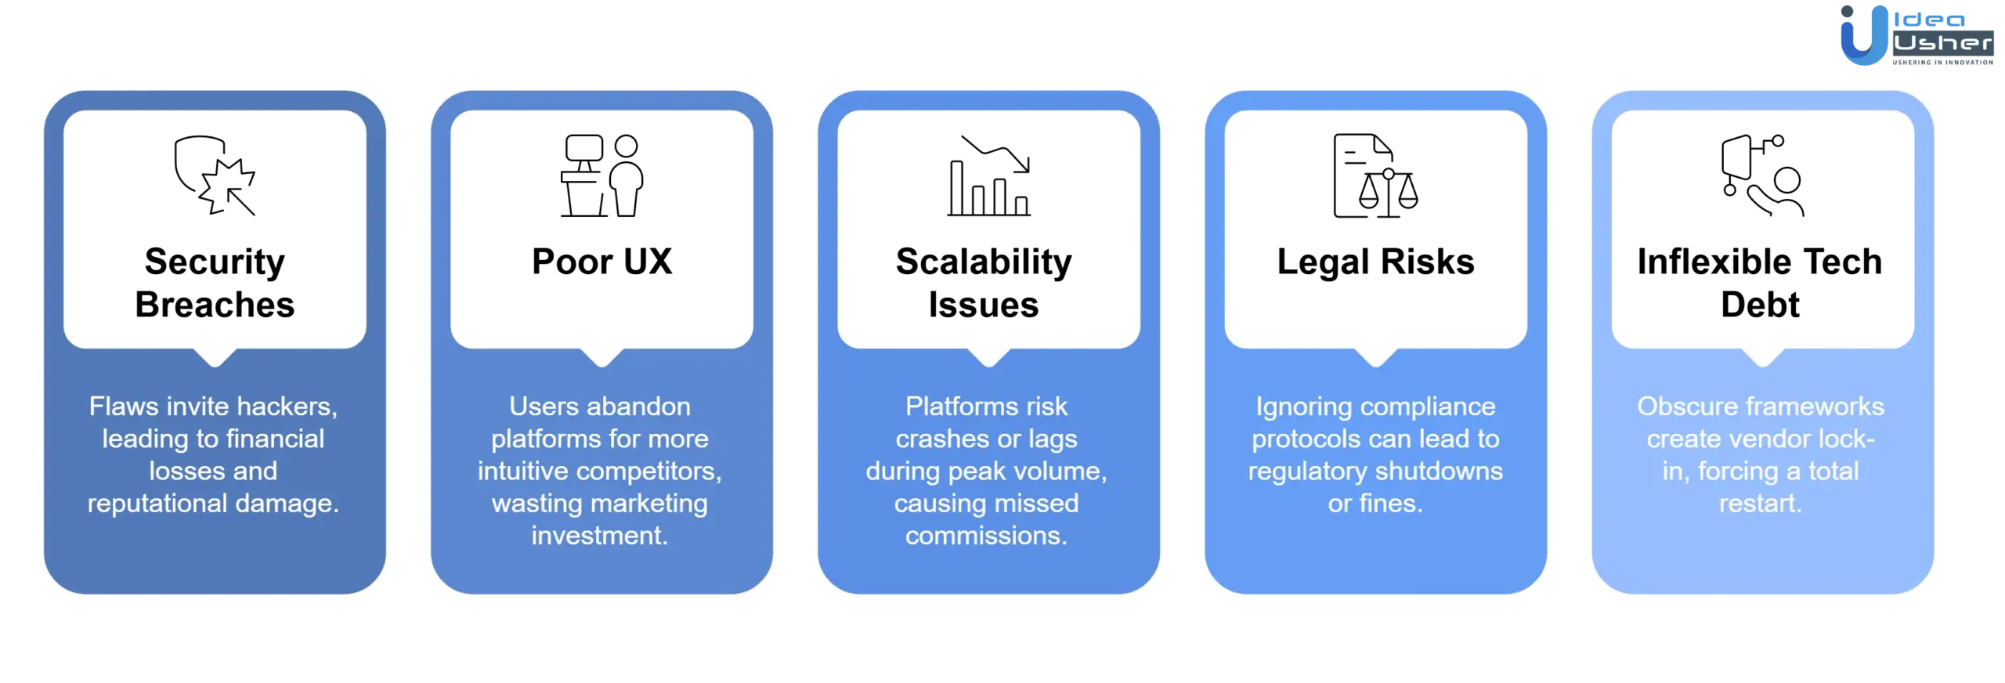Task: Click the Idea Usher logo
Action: [1916, 35]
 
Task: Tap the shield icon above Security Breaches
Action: [215, 175]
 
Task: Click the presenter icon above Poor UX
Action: [601, 175]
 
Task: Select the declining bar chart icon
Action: [988, 175]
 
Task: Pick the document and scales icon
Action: [1375, 175]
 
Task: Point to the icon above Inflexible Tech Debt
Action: [1762, 175]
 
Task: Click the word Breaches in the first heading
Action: [215, 305]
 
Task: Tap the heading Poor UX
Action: [601, 262]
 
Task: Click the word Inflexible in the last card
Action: [1709, 262]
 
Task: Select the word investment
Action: [599, 536]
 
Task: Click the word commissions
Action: [986, 536]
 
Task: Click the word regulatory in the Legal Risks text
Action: [1306, 472]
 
